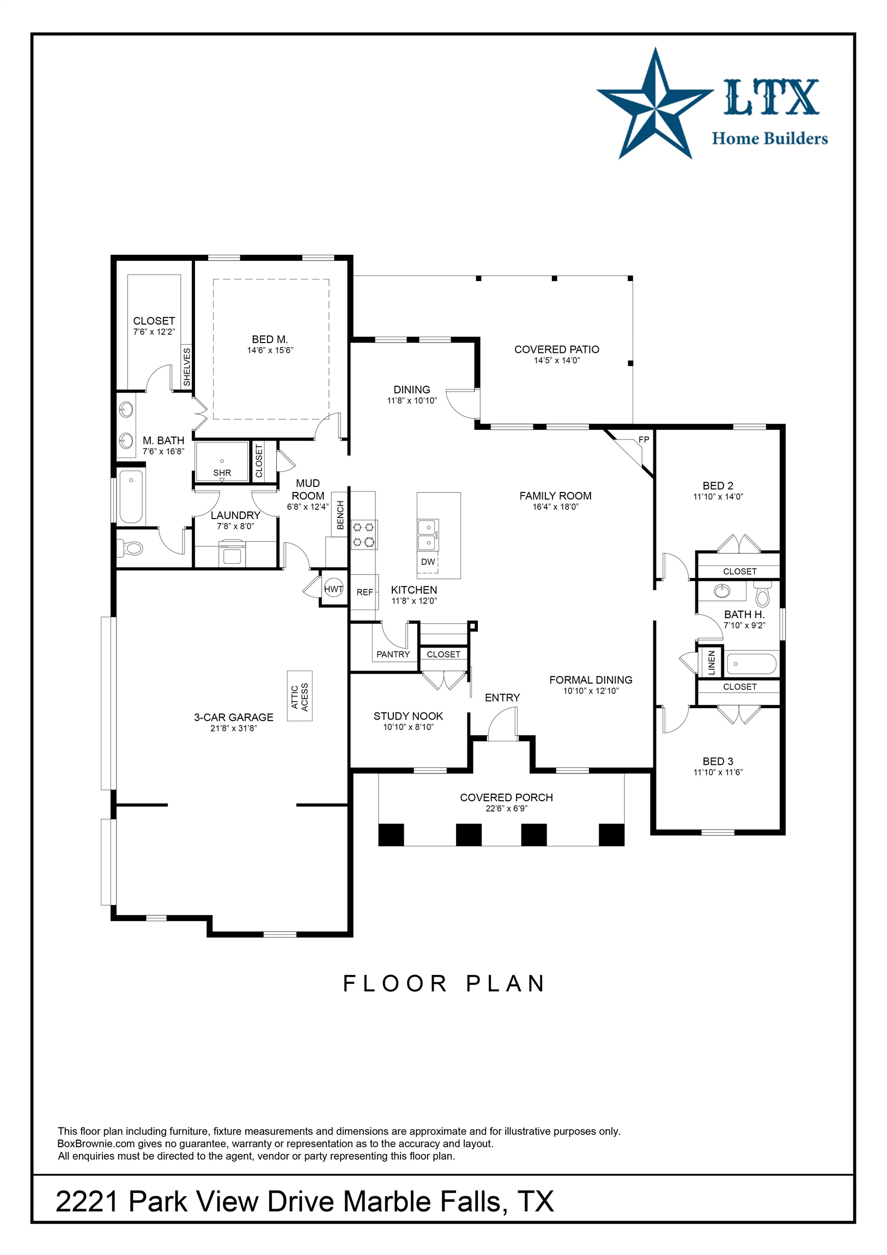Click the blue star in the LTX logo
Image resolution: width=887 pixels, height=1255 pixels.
654,104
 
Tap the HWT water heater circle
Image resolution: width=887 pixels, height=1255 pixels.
333,589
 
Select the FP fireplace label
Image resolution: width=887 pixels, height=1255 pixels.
643,440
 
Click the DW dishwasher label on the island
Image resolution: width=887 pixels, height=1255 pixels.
428,562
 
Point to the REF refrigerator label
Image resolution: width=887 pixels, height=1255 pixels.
364,592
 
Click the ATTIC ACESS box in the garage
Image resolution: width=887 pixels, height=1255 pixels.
300,696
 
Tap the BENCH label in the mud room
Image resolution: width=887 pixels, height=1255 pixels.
340,515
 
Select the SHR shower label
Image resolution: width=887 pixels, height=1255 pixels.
222,473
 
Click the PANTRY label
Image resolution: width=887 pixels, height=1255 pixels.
393,654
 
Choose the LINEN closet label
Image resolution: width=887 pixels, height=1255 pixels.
712,663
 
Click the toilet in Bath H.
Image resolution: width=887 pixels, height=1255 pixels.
762,594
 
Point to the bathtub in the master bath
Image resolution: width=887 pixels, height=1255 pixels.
131,497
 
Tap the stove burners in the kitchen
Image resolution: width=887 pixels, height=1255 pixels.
363,534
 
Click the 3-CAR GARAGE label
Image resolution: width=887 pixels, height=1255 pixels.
234,717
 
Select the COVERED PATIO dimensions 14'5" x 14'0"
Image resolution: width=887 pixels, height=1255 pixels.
557,360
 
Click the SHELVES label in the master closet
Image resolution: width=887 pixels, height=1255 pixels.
187,367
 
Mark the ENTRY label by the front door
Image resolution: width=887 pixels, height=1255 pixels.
502,698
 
